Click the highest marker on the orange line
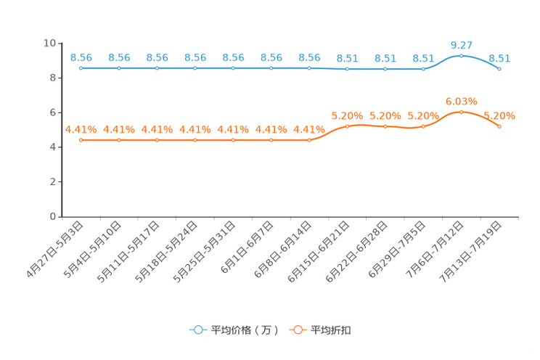461,111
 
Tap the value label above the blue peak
461,45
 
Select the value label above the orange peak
461,101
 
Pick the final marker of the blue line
499,68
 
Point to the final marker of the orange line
499,126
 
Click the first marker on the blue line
81,68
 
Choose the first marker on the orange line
81,139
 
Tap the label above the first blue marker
81,57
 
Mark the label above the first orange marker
81,128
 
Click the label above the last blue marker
499,57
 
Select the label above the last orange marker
499,115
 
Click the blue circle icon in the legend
197,330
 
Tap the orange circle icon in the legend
297,330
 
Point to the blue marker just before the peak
423,69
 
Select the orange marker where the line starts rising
309,139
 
